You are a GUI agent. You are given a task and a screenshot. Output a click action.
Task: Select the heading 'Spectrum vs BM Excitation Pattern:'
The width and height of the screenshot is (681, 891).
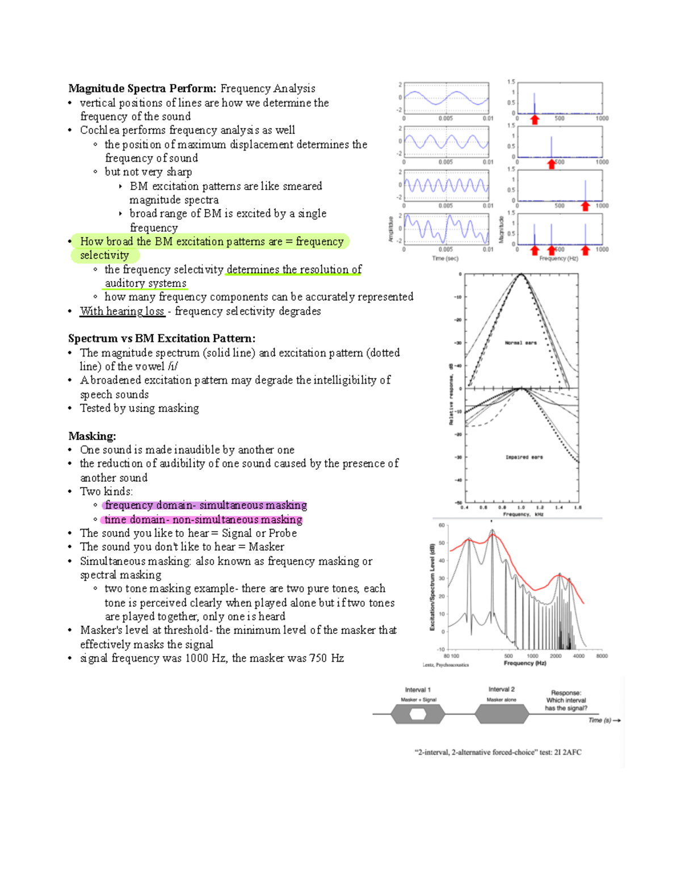coord(162,338)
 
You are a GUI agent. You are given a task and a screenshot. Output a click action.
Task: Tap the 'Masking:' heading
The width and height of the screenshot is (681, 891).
coord(92,436)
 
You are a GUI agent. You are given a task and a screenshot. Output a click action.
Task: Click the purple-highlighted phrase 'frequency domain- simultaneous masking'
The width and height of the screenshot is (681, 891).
coord(205,505)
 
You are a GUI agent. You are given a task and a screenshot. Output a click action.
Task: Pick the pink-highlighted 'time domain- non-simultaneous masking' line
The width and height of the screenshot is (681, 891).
coord(203,519)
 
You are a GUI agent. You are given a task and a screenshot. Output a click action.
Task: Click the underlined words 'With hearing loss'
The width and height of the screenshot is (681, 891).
coord(122,311)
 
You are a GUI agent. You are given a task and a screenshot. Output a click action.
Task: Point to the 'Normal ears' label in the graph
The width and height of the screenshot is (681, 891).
coord(520,343)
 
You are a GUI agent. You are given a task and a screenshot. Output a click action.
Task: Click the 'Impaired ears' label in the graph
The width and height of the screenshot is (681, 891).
coord(524,457)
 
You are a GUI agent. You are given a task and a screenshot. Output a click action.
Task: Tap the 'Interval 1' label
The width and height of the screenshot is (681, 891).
coord(418,690)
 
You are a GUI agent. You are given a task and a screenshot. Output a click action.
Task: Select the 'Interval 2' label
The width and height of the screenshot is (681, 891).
coord(501,690)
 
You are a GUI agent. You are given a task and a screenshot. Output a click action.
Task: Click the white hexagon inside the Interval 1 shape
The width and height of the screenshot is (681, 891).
coord(418,714)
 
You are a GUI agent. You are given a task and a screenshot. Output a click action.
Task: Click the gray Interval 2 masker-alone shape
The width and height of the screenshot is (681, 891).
coord(502,714)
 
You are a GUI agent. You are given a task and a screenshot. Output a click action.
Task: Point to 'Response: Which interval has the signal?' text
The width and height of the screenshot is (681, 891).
coord(566,700)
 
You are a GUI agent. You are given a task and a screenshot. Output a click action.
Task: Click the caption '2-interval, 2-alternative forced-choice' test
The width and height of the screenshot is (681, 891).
coord(498,753)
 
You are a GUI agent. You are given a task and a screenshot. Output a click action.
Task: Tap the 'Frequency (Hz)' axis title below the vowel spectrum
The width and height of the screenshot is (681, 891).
coord(524,663)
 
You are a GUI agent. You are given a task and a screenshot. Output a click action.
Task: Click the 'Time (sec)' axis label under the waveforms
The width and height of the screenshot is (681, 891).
coord(445,258)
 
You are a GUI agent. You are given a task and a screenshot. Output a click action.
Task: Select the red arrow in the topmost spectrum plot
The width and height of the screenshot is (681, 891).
coord(534,119)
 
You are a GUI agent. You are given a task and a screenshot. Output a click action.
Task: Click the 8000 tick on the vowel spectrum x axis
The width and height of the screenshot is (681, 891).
coord(602,656)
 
